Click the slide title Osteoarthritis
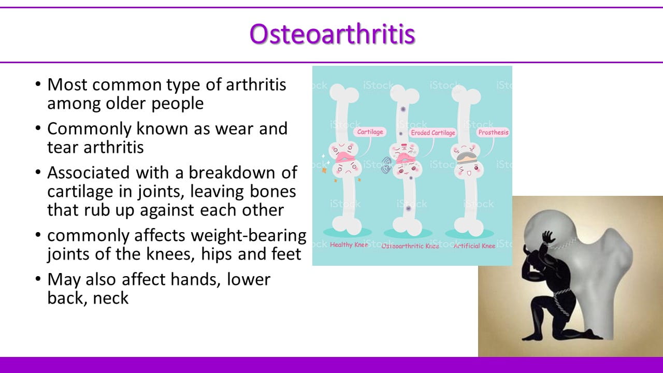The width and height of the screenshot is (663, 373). (332, 34)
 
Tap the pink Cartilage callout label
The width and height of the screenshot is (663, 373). (370, 132)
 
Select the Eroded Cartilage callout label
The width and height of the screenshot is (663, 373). (433, 133)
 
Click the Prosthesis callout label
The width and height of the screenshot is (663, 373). (493, 132)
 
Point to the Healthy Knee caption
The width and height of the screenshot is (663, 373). (349, 245)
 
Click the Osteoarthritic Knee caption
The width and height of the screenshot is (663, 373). (410, 246)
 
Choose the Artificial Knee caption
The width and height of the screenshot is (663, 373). (474, 246)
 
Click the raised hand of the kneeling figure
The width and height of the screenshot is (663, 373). (550, 237)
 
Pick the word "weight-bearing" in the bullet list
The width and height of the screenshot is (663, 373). (248, 236)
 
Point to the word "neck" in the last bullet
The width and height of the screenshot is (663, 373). (111, 298)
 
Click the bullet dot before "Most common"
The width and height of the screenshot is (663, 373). (38, 84)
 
